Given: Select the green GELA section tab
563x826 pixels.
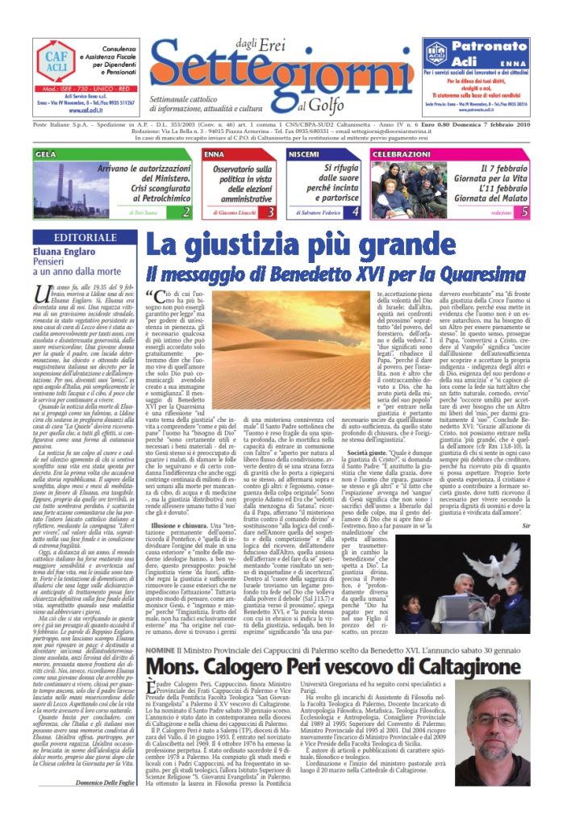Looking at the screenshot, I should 46,153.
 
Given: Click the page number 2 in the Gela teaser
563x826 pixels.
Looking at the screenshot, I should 186,211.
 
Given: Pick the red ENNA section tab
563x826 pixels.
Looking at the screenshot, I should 215,153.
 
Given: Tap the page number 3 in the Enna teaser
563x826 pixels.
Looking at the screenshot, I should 271,211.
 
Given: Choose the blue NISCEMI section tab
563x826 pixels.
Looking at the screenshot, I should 304,153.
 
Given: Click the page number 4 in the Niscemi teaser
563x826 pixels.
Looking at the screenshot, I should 355,211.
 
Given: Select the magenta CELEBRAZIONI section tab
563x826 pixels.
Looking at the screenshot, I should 402,153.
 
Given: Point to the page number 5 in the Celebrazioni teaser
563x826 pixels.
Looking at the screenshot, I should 524,211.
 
